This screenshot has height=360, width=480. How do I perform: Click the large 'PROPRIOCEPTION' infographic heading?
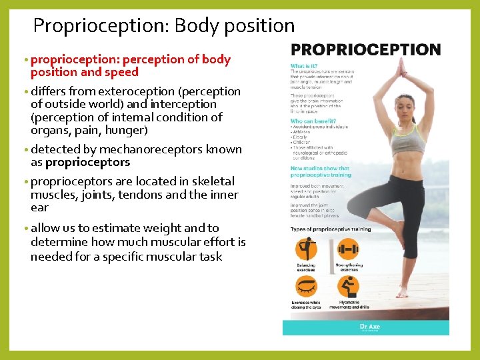point(365,50)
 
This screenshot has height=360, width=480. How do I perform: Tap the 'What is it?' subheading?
point(305,66)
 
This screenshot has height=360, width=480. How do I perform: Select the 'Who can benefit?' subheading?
point(313,121)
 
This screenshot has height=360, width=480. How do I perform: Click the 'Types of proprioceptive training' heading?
point(330,229)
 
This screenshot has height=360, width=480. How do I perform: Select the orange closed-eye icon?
point(307,287)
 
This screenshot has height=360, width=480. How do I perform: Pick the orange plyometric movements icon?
point(348,287)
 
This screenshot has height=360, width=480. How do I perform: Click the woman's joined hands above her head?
point(401,67)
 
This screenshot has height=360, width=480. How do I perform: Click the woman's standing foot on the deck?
point(402,292)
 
